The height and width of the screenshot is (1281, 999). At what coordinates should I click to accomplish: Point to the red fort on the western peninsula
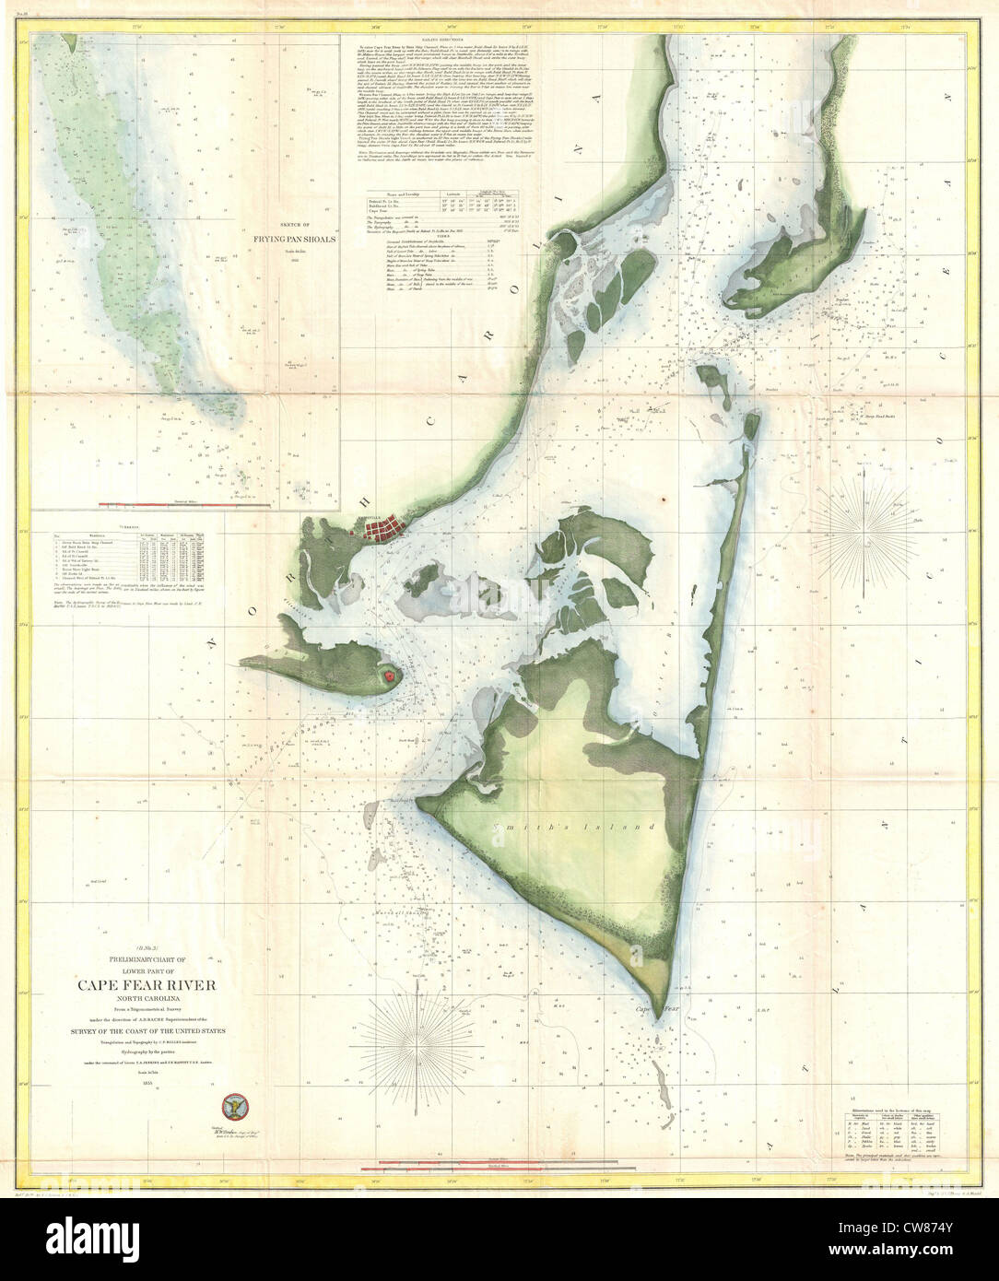pos(390,676)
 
